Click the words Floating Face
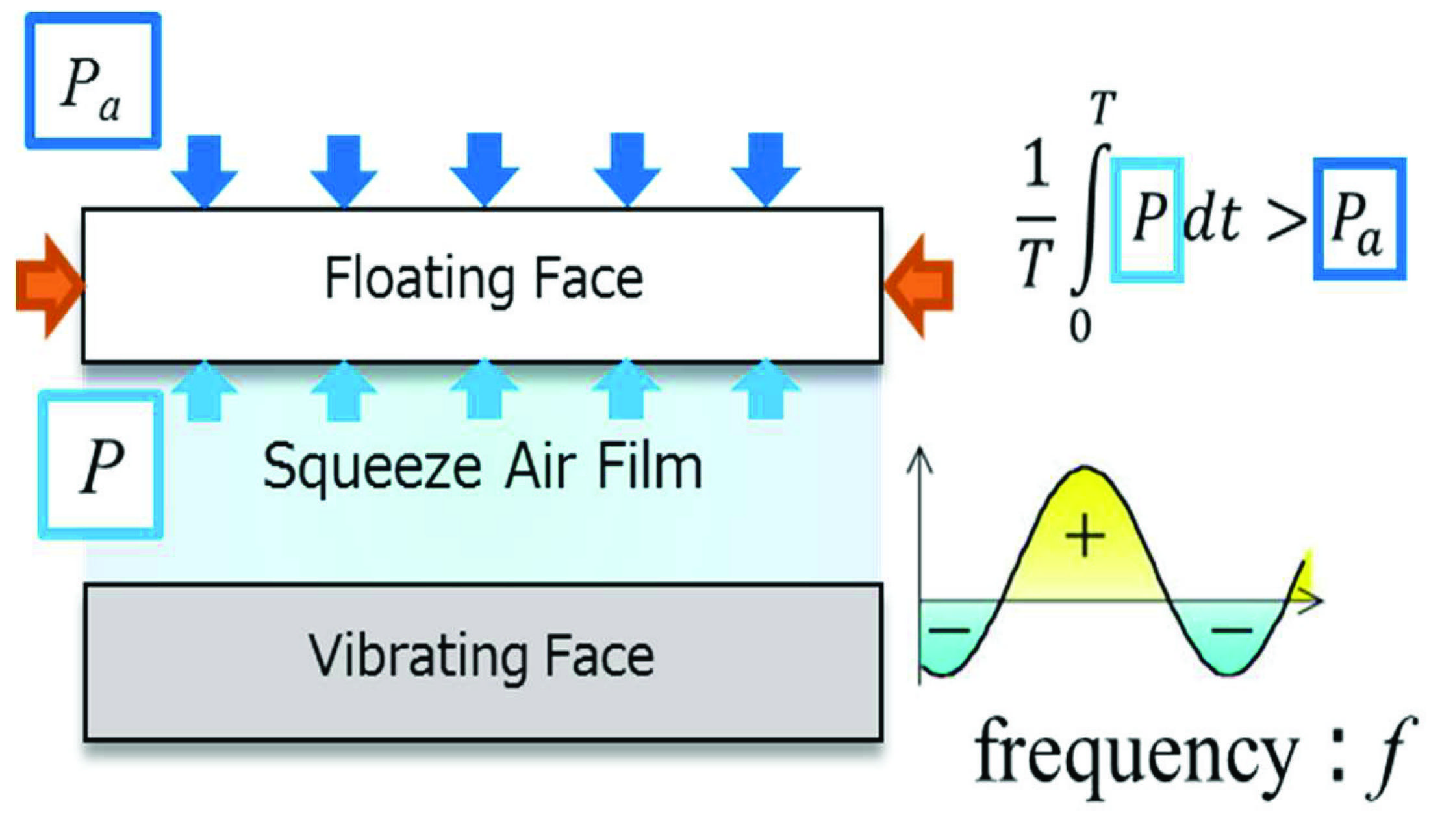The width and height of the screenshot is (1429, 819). point(483,279)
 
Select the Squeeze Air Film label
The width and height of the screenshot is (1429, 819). point(482,466)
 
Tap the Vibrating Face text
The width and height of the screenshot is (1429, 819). point(481,656)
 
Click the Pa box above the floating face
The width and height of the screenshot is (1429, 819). point(93,81)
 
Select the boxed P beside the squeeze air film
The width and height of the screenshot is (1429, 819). point(101,465)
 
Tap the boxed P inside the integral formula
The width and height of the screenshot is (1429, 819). point(1147,220)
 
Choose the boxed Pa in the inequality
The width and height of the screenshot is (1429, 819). point(1359,220)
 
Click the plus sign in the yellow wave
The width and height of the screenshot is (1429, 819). point(1085,536)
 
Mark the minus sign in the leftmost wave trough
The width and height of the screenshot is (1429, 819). point(949,630)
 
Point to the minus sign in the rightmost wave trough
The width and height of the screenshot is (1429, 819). point(1232,630)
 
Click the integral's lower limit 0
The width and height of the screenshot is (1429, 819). point(1080,327)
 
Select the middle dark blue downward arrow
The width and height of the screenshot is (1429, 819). point(485,168)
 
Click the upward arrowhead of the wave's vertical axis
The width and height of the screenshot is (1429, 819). point(920,458)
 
